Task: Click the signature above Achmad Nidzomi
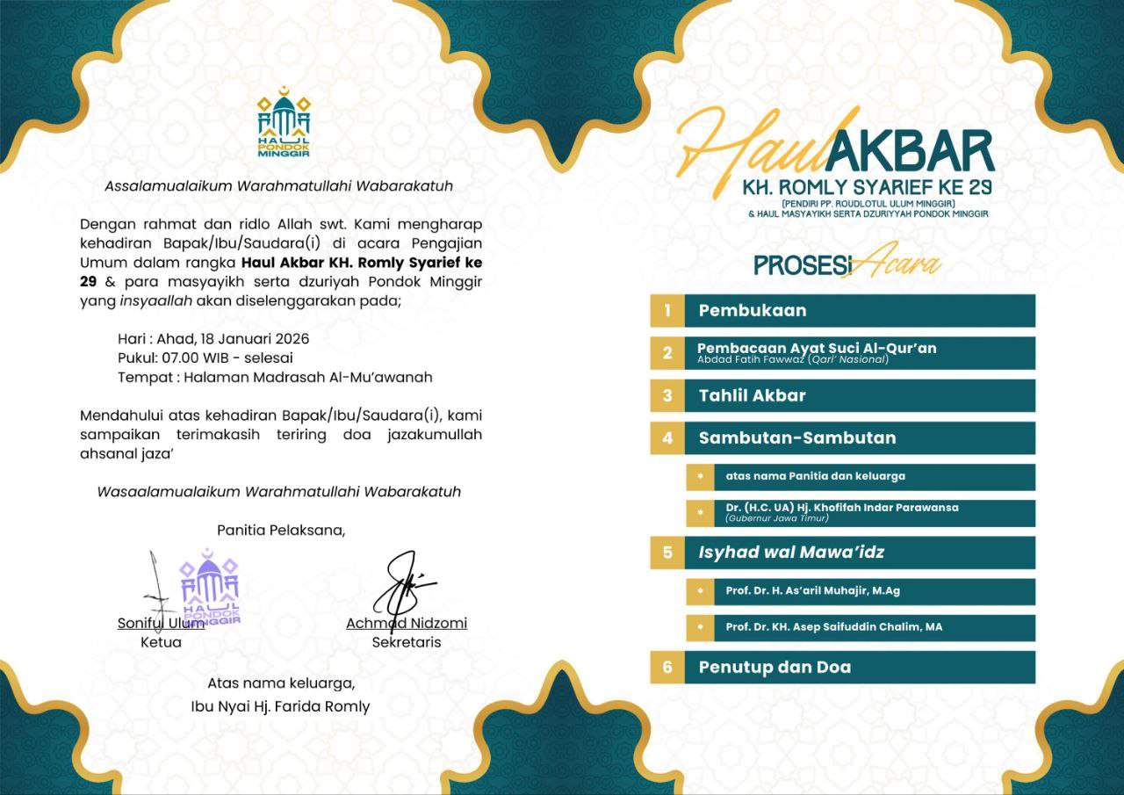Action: [x=403, y=582]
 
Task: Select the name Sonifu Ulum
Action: [x=161, y=623]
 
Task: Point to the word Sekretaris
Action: [x=407, y=642]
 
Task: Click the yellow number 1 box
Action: [x=667, y=310]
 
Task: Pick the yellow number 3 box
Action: [x=667, y=395]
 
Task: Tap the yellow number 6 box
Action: [x=667, y=668]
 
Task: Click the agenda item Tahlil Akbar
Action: [x=753, y=395]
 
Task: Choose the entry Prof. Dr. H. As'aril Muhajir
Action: [x=812, y=591]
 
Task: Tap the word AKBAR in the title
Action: [x=909, y=152]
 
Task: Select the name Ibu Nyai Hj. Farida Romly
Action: [x=281, y=706]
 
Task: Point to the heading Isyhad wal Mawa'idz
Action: [x=791, y=553]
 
